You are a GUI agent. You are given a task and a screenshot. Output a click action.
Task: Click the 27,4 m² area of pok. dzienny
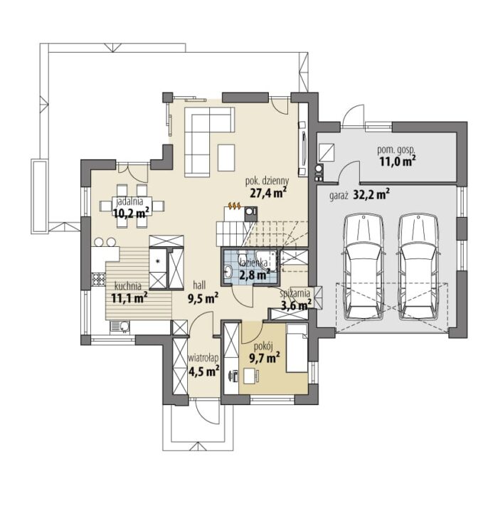[x=268, y=193]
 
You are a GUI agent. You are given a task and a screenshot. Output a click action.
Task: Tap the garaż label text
[x=339, y=196]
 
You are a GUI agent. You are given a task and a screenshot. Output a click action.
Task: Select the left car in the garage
[x=364, y=267]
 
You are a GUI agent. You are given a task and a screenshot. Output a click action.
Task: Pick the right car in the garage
[x=418, y=267]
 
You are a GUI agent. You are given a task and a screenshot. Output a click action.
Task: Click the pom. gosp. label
[x=396, y=150]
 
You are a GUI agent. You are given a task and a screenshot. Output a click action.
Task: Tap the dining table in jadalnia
[x=132, y=206]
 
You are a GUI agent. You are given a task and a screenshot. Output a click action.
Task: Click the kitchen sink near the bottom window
[x=120, y=327]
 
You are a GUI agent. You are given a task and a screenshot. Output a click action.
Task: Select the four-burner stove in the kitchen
[x=99, y=280]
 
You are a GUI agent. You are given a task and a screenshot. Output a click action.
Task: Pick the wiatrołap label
[x=204, y=357]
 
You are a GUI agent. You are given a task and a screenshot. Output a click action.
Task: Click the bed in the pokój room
[x=297, y=348]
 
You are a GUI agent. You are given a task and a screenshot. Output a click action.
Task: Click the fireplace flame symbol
[x=234, y=204]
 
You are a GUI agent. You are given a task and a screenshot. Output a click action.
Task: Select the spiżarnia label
[x=295, y=294]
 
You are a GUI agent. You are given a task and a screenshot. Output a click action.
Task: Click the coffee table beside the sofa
[x=226, y=158]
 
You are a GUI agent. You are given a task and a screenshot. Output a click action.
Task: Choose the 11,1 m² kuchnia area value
[x=129, y=298]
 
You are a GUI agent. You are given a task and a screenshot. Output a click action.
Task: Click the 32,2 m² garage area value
[x=371, y=195]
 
